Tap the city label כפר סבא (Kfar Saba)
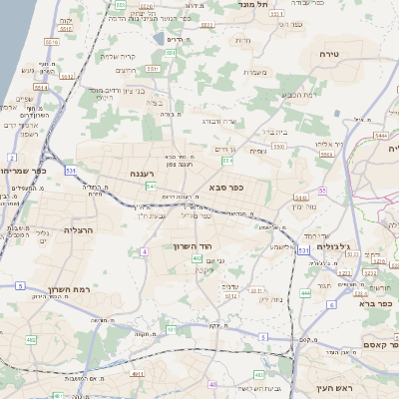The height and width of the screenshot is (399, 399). pyautogui.click(x=226, y=186)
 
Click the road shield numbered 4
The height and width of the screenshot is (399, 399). pyautogui.click(x=144, y=251)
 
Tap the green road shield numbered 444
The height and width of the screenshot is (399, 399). pyautogui.click(x=305, y=293)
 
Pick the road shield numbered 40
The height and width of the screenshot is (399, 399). pyautogui.click(x=212, y=384)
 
